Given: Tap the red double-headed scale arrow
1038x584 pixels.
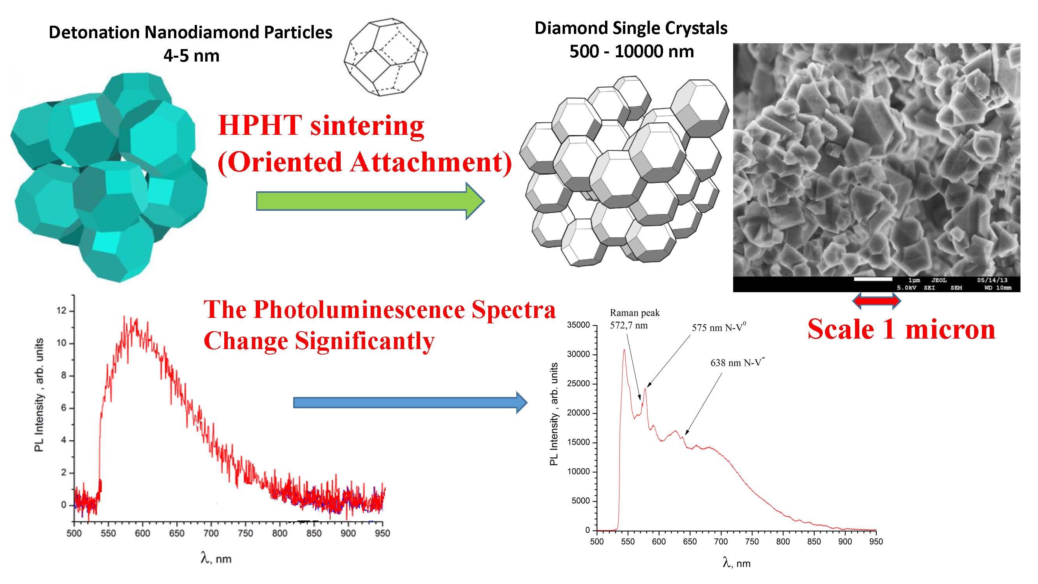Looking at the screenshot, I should (876, 301).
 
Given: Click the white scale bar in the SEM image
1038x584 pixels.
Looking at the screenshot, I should (873, 279).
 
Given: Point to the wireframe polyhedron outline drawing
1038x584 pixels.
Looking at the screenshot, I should (385, 56).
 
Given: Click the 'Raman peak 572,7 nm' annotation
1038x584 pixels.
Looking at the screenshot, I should (635, 319).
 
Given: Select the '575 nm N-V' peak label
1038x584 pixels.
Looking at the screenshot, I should (718, 327).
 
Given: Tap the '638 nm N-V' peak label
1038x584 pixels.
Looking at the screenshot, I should (737, 362).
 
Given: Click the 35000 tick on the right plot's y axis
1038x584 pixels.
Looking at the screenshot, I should (579, 325).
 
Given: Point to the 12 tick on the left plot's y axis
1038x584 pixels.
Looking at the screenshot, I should (62, 311).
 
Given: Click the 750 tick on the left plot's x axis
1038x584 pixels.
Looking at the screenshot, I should (245, 533).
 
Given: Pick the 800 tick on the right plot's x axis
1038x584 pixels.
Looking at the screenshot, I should (783, 541).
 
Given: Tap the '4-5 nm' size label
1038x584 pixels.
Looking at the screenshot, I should (192, 56).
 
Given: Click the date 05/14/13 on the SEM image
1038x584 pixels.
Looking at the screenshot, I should (992, 280).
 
